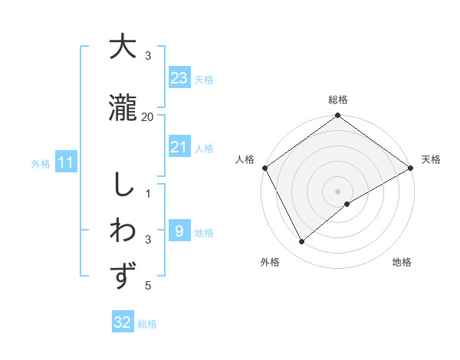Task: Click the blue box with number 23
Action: [179, 78]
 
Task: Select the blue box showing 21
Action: [179, 147]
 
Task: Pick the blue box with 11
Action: [66, 162]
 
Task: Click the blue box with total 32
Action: [123, 323]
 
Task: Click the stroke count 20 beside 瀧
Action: [148, 116]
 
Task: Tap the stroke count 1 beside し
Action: [148, 193]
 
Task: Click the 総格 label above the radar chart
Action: [338, 100]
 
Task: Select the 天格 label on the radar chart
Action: [432, 159]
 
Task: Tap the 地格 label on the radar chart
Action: [402, 262]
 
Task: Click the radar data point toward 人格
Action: [264, 168]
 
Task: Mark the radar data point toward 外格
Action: [302, 242]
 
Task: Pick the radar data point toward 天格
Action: [411, 168]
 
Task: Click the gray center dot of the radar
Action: [338, 191]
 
